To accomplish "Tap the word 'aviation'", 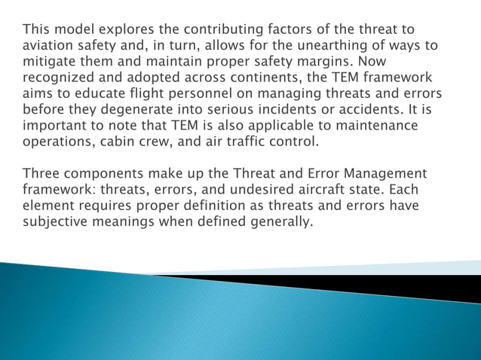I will pos(48,46).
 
